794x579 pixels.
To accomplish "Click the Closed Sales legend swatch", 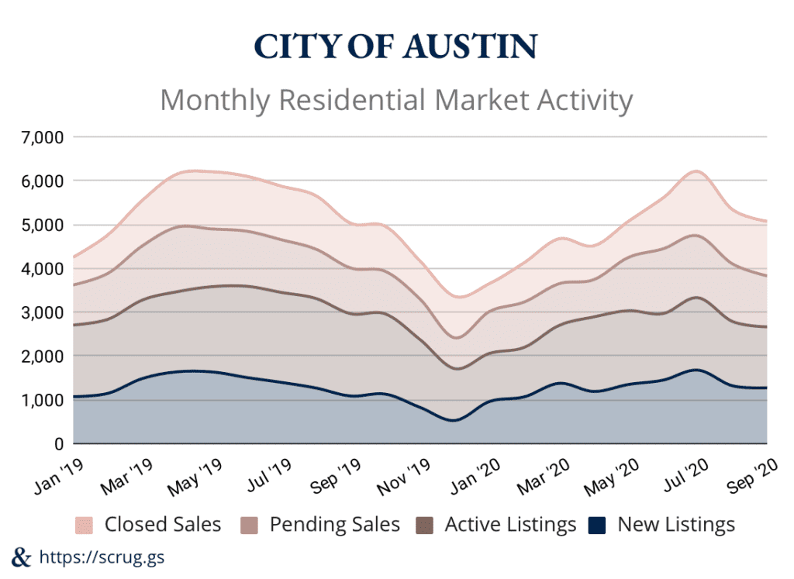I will click(x=85, y=525).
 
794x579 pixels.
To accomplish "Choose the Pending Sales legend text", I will click(x=334, y=525).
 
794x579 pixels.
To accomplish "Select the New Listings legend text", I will click(x=676, y=525).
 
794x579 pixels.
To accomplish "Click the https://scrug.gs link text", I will click(x=101, y=557).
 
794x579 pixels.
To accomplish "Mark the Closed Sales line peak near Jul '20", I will click(x=697, y=171).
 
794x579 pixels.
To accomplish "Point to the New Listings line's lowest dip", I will click(x=454, y=421).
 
